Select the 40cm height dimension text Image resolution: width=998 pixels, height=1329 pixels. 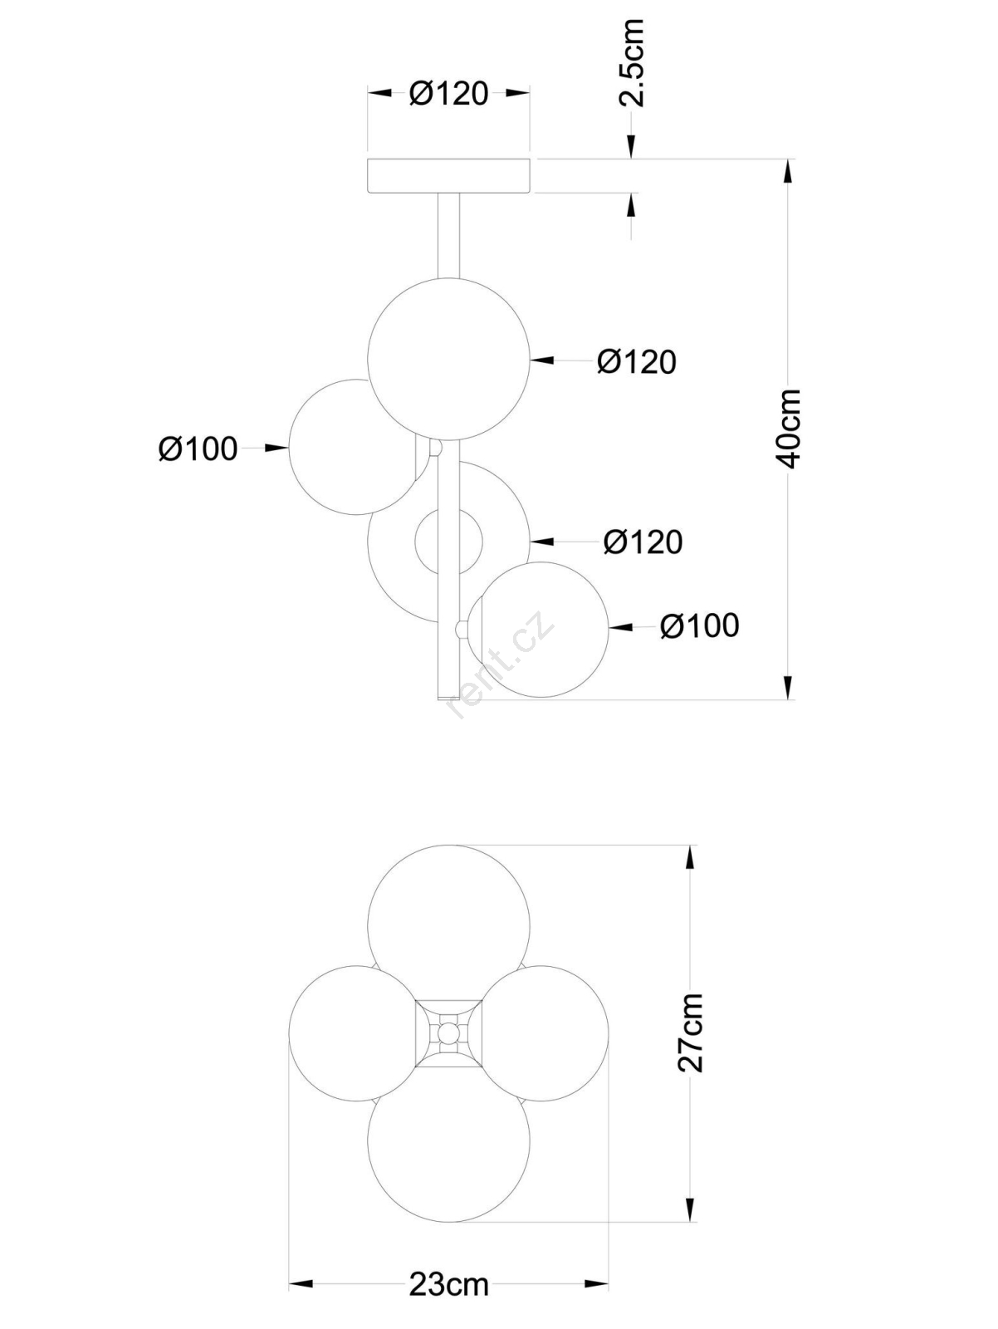(788, 429)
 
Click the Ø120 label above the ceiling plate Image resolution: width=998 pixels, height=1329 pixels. (448, 93)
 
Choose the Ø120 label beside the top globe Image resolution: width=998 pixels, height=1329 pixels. (637, 361)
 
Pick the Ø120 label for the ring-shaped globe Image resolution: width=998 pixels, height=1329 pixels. (643, 541)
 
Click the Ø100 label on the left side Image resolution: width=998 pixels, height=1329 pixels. (198, 449)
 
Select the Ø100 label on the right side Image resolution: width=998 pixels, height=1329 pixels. (700, 625)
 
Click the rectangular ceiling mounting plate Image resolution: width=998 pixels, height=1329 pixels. (449, 176)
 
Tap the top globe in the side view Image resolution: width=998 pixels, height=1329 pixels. (449, 359)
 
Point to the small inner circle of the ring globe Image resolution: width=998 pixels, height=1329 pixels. (449, 540)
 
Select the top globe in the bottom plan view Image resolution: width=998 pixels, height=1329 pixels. (449, 926)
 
